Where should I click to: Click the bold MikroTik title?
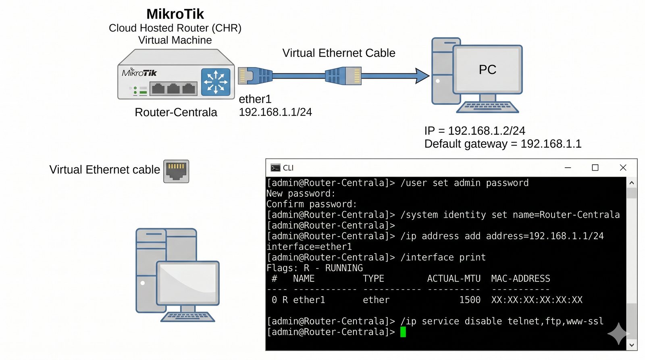tap(175, 14)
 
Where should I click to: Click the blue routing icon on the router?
tap(216, 82)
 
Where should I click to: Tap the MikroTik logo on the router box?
tap(139, 73)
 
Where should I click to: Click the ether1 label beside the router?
tap(255, 99)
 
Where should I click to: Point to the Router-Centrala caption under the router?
tap(176, 112)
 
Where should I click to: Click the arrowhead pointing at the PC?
tap(422, 76)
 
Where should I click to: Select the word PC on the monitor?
tap(487, 70)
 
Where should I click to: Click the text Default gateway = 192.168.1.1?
tap(503, 144)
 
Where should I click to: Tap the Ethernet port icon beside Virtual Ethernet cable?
tap(176, 171)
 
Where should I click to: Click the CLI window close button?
tap(623, 168)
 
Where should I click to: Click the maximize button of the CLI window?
tap(595, 168)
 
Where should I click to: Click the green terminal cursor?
tap(403, 332)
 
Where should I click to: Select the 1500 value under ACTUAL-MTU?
tap(470, 300)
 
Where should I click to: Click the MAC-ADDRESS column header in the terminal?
tap(520, 279)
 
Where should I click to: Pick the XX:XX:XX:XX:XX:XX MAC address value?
tap(537, 300)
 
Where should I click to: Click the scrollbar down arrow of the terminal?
tap(632, 345)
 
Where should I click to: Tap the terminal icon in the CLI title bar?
tap(276, 168)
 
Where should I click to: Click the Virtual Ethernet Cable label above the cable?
tap(339, 53)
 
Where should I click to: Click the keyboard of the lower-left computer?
tap(187, 317)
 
